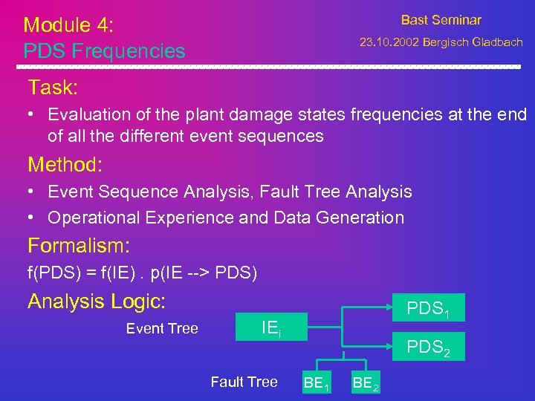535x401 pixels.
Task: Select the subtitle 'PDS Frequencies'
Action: [x=104, y=51]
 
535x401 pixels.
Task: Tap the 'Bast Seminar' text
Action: [x=441, y=21]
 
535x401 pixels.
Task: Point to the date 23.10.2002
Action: [x=389, y=42]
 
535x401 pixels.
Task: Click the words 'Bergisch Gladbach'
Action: [x=473, y=42]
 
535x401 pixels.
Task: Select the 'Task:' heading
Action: [x=53, y=88]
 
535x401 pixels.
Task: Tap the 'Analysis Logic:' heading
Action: [x=97, y=301]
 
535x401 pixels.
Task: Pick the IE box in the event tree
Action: [x=270, y=327]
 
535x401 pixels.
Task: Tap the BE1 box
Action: [x=317, y=383]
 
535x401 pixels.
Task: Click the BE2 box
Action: [x=366, y=383]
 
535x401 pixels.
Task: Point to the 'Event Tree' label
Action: [x=162, y=329]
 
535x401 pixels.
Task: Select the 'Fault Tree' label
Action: [x=244, y=382]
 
